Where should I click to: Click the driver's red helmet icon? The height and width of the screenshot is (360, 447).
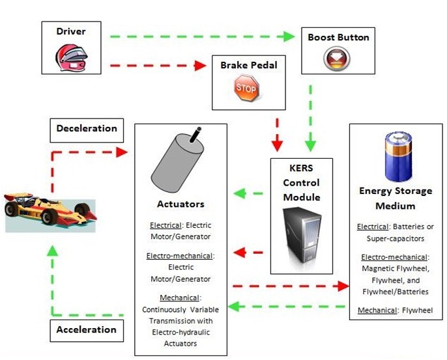(70, 57)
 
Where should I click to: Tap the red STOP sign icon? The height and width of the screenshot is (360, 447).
(246, 88)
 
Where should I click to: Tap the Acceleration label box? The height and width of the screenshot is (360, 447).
(86, 329)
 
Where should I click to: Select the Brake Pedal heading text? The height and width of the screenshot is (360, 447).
(249, 65)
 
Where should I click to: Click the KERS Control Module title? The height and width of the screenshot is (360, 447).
(301, 182)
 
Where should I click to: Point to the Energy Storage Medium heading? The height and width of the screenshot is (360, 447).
(396, 199)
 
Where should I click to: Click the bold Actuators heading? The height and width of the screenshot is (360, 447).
(180, 204)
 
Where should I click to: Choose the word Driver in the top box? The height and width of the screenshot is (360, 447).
(70, 31)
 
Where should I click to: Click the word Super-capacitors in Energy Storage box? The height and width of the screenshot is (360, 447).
(396, 238)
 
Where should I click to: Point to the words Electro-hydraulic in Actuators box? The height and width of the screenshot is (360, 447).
(180, 332)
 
